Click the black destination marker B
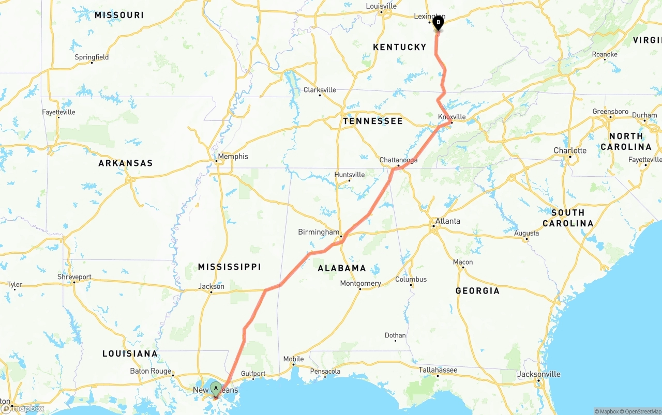[x=438, y=22]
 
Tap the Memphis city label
[x=233, y=157]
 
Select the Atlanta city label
[x=447, y=221]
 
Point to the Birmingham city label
[x=319, y=232]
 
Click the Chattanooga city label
[x=398, y=160]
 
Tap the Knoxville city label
[x=452, y=117]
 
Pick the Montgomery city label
[x=360, y=283]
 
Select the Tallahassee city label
[x=438, y=370]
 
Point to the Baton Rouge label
[x=151, y=371]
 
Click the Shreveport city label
[x=74, y=277]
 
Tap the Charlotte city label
[x=570, y=150]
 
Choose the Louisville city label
[x=381, y=6]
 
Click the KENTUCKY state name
[x=400, y=47]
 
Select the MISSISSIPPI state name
[x=229, y=267]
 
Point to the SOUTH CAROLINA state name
[x=568, y=218]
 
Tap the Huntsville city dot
[x=349, y=180]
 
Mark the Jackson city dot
[x=211, y=292]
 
